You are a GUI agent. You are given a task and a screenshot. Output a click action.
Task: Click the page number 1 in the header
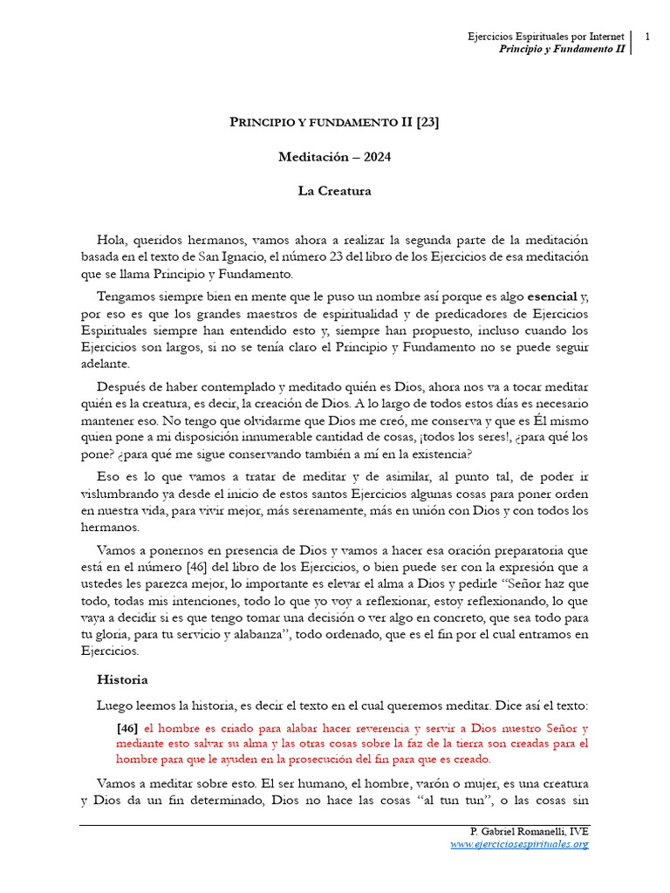coord(648,37)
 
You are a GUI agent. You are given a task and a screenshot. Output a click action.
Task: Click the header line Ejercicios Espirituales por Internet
coord(546,37)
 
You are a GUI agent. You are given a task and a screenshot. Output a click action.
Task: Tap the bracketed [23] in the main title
coord(427,122)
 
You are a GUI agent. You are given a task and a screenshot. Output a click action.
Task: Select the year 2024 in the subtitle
coord(376,157)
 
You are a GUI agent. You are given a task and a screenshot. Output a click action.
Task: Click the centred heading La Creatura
coord(335,191)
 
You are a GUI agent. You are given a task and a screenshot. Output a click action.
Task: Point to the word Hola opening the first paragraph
coord(112,240)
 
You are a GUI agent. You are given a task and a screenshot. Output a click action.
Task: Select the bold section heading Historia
coord(122,679)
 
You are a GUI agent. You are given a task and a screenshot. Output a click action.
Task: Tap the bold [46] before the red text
coord(126,728)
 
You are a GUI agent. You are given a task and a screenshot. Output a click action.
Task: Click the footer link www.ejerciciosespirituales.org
coord(519,844)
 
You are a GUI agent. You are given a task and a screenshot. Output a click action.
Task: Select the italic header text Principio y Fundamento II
coord(562,50)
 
